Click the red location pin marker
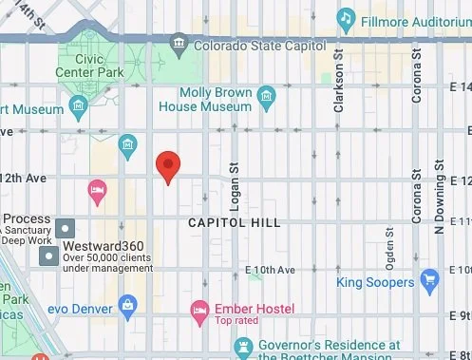(x=168, y=165)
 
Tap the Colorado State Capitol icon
(x=179, y=44)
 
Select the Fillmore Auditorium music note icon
(x=347, y=18)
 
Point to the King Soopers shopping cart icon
(x=429, y=280)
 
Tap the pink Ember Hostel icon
(x=199, y=308)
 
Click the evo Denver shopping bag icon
(x=126, y=304)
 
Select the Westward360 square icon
(x=66, y=228)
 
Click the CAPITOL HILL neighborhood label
(x=234, y=222)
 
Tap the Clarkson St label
(x=338, y=85)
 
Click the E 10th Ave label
(x=271, y=271)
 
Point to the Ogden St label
(x=389, y=253)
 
